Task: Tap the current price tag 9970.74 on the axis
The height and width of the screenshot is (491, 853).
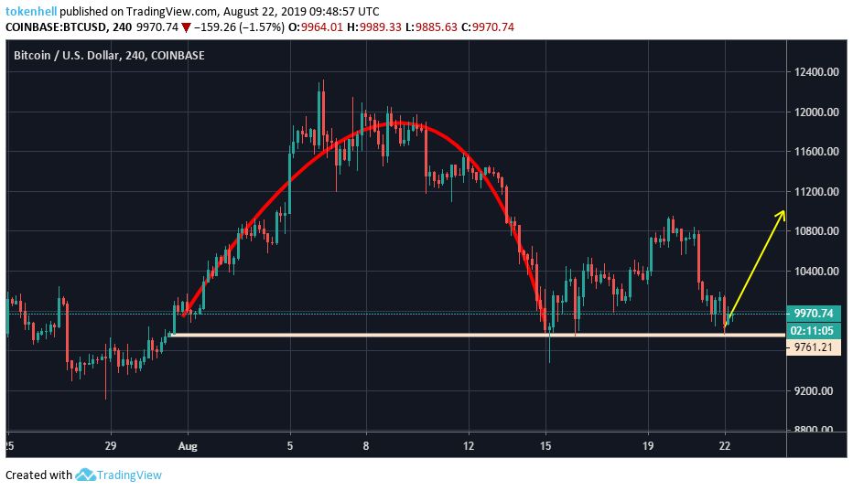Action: click(814, 314)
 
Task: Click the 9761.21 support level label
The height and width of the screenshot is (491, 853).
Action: click(814, 347)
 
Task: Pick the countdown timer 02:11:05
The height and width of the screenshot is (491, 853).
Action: click(814, 330)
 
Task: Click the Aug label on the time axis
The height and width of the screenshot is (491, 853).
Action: click(189, 445)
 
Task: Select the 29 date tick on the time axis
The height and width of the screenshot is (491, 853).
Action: click(110, 445)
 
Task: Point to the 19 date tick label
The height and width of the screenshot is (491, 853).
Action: click(647, 445)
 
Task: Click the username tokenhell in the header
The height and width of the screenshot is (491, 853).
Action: click(31, 11)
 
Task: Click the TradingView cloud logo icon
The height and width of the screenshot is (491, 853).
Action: click(86, 475)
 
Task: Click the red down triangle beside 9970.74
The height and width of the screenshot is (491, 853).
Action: click(187, 27)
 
